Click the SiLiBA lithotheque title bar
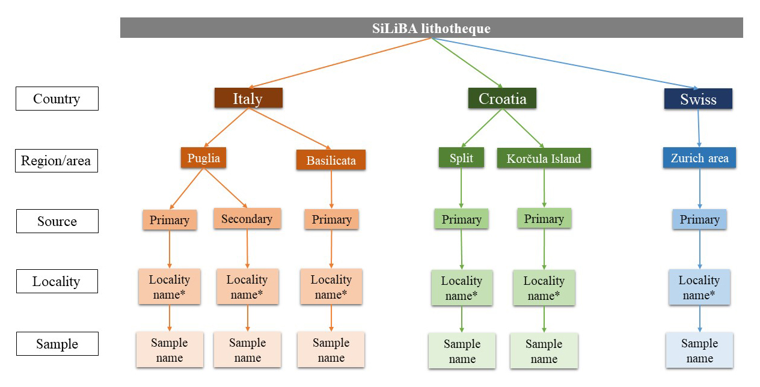[431, 28]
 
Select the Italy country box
[248, 99]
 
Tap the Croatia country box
[502, 99]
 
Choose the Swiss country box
[698, 99]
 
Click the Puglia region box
[204, 158]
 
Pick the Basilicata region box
[331, 160]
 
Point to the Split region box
[461, 158]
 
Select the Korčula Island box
[544, 159]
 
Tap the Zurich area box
[699, 159]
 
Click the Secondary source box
[247, 219]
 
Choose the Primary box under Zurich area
[699, 219]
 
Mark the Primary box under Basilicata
[331, 219]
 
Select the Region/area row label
[56, 160]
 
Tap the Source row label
[57, 221]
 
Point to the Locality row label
[56, 281]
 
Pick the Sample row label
[57, 344]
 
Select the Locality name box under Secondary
[247, 287]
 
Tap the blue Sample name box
[699, 351]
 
